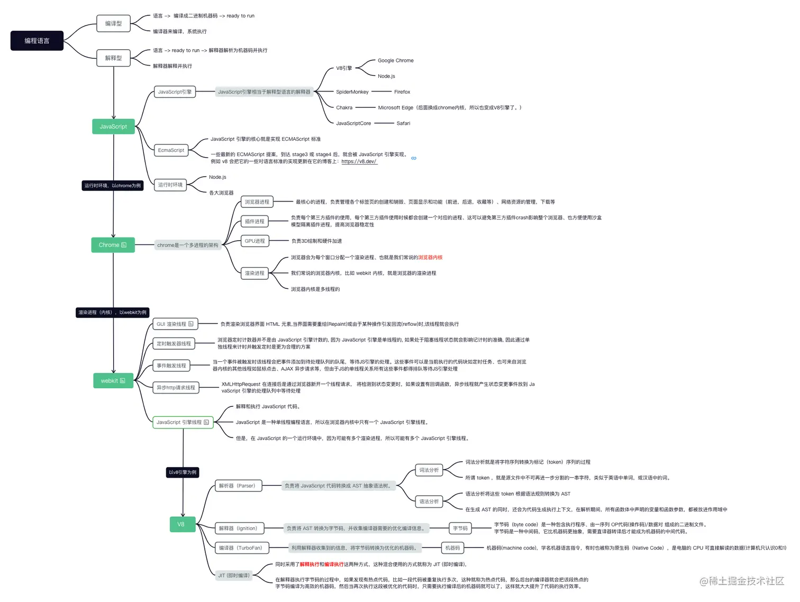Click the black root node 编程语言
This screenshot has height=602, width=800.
click(x=37, y=41)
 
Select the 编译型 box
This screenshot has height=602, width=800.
click(x=113, y=23)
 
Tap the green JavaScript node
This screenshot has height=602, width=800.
click(x=113, y=126)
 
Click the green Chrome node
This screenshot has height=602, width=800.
click(x=113, y=245)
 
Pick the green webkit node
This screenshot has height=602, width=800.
click(x=113, y=381)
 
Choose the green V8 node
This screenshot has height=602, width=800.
click(x=181, y=524)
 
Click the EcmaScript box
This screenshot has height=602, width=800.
click(x=171, y=150)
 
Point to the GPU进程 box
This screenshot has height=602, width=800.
click(x=254, y=241)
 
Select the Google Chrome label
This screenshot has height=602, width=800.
click(x=395, y=61)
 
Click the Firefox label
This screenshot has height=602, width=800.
click(x=402, y=92)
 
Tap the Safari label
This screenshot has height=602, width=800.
click(x=403, y=123)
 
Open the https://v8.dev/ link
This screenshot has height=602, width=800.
click(x=359, y=162)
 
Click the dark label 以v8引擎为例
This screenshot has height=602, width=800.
click(x=183, y=472)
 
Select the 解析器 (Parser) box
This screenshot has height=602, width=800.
click(x=238, y=486)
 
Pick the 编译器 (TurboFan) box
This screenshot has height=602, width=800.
click(x=241, y=548)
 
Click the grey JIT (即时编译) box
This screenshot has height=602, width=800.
click(x=234, y=576)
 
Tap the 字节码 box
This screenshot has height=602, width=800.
click(x=460, y=528)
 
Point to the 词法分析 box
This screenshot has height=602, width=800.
click(x=429, y=470)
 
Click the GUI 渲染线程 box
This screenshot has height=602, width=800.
click(x=175, y=324)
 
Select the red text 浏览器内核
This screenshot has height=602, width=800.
click(x=430, y=258)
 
